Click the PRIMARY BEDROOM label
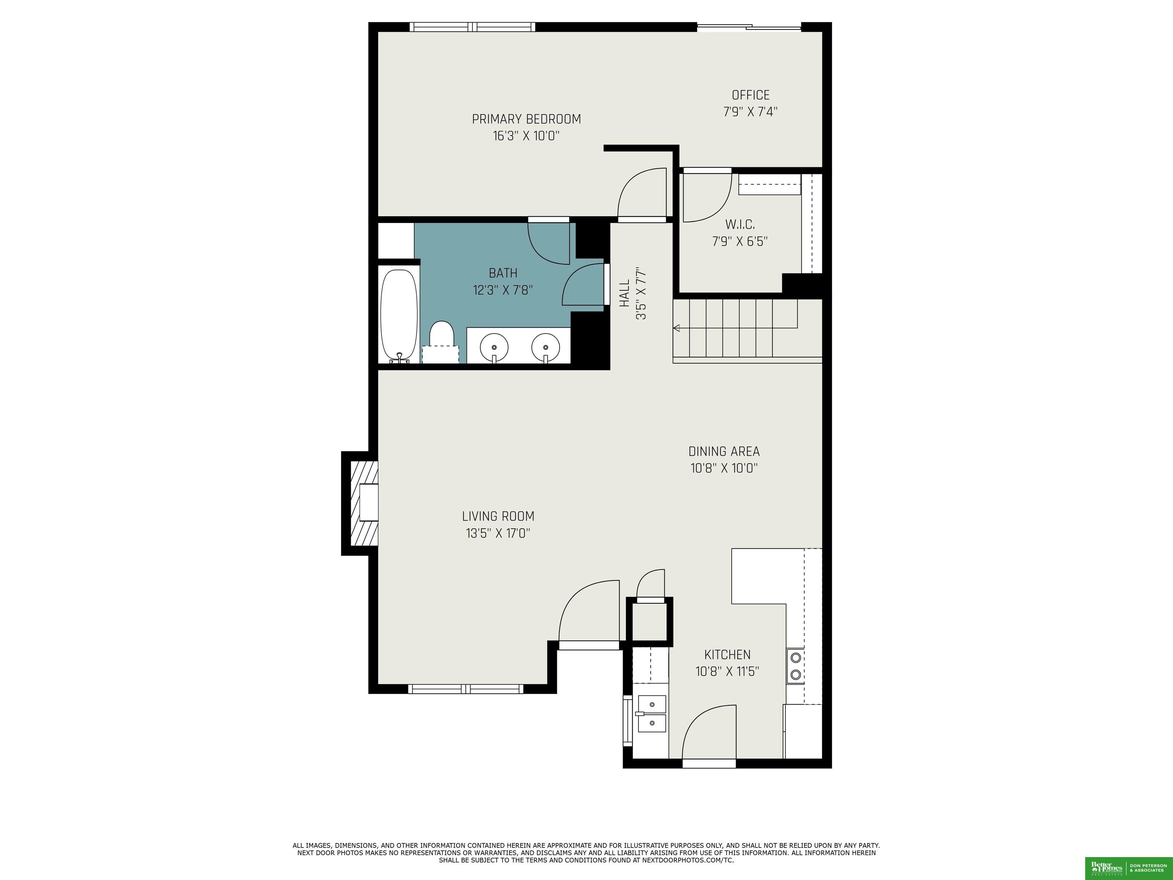click(x=526, y=119)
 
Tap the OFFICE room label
click(x=750, y=95)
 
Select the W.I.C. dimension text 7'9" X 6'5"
click(x=740, y=242)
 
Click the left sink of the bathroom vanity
click(x=494, y=347)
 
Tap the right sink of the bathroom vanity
click(x=546, y=347)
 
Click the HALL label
click(x=625, y=293)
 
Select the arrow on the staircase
click(x=677, y=328)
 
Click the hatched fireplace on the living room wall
click(x=364, y=503)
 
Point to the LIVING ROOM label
click(x=498, y=516)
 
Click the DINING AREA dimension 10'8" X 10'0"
click(x=724, y=468)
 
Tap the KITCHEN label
click(x=727, y=655)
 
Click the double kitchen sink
click(x=651, y=713)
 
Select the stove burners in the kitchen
click(x=795, y=666)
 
